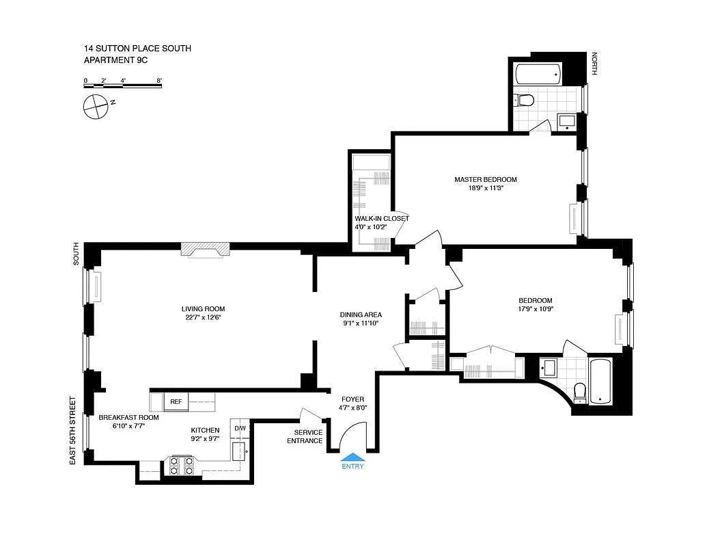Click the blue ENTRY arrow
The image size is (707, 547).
(353, 458)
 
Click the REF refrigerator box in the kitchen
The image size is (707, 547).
(176, 401)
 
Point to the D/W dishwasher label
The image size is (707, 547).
(240, 429)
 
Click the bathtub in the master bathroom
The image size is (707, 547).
(537, 73)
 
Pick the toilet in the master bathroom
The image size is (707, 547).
(524, 101)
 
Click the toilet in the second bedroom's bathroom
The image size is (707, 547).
(580, 390)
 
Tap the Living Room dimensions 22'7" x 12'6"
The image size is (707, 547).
(203, 317)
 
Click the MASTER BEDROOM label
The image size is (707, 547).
(486, 180)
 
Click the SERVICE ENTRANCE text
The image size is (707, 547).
(308, 436)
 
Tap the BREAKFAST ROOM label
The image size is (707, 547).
(128, 417)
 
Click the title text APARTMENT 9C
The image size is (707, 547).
(115, 60)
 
